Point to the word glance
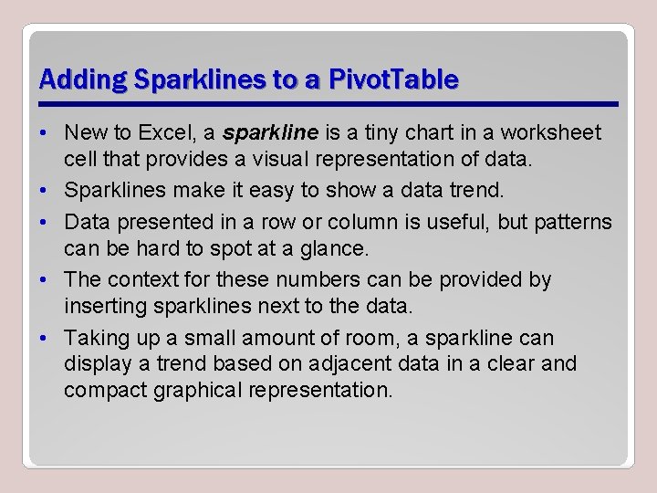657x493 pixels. pos(314,247)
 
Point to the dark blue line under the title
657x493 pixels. pos(328,103)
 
